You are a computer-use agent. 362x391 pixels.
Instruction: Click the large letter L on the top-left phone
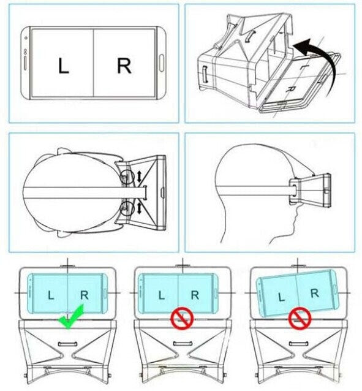(x=63, y=66)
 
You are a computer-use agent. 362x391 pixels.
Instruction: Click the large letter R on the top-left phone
(x=124, y=66)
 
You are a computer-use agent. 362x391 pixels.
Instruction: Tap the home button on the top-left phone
(x=162, y=63)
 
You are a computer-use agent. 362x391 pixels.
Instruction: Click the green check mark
(x=71, y=317)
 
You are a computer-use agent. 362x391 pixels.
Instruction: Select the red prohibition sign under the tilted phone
(x=300, y=319)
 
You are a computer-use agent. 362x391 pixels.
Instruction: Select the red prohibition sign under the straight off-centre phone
(x=183, y=318)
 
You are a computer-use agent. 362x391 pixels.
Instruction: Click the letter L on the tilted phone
(x=282, y=297)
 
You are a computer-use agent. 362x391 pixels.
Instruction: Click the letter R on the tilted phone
(x=315, y=293)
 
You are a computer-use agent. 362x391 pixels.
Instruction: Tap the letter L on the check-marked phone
(x=51, y=295)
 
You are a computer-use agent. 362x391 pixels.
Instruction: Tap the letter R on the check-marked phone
(x=85, y=295)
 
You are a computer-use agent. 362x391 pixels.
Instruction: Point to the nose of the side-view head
(x=296, y=212)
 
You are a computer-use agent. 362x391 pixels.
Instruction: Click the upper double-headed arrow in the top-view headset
(x=139, y=176)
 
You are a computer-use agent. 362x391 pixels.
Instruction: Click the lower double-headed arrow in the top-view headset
(x=139, y=208)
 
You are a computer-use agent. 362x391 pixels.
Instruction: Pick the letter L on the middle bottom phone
(x=162, y=295)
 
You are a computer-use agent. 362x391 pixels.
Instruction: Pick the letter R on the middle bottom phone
(x=195, y=295)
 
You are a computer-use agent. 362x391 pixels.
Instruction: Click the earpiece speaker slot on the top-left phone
(x=25, y=63)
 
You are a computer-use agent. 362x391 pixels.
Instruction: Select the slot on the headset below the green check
(x=67, y=344)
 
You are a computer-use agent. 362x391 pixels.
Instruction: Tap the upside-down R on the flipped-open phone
(x=291, y=89)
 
